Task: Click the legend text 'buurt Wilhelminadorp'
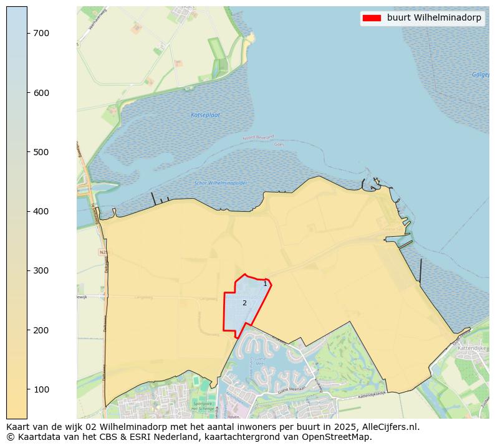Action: pos(434,18)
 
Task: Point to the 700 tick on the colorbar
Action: pos(41,33)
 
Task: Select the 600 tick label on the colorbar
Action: pos(41,93)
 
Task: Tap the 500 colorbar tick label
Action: pos(41,152)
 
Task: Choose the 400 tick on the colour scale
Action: pos(41,211)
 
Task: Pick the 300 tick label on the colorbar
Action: pos(41,270)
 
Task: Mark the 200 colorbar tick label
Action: pos(41,330)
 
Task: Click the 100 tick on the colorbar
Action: pos(41,389)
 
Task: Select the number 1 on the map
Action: pos(265,284)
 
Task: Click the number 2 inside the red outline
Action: pos(244,303)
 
